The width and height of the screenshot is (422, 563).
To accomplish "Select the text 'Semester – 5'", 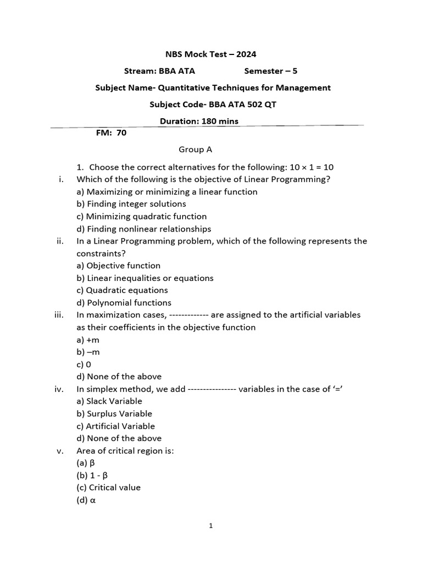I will pyautogui.click(x=270, y=71).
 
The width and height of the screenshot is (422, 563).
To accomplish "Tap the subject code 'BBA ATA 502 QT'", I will pyautogui.click(x=240, y=104).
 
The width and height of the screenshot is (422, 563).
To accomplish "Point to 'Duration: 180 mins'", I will pyautogui.click(x=199, y=121).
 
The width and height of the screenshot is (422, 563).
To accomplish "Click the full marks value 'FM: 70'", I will pyautogui.click(x=111, y=133).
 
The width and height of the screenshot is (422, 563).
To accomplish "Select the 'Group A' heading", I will pyautogui.click(x=196, y=150).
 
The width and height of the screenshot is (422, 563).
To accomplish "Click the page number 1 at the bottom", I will pyautogui.click(x=211, y=526).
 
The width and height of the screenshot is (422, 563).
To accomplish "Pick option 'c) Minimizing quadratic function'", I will pyautogui.click(x=142, y=217).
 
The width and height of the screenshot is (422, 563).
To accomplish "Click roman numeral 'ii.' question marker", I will pyautogui.click(x=60, y=241).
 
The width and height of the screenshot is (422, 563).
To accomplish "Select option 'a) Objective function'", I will pyautogui.click(x=118, y=266).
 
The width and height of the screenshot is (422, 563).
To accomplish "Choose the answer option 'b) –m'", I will pyautogui.click(x=88, y=352).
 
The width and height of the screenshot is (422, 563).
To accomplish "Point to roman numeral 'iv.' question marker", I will pyautogui.click(x=60, y=389).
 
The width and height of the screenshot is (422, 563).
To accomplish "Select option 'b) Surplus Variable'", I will pyautogui.click(x=114, y=413).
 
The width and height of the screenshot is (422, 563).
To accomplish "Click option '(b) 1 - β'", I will pyautogui.click(x=92, y=475).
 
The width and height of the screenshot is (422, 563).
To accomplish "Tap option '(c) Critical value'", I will pyautogui.click(x=108, y=488).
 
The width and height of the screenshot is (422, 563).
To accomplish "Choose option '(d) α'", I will pyautogui.click(x=86, y=500).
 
